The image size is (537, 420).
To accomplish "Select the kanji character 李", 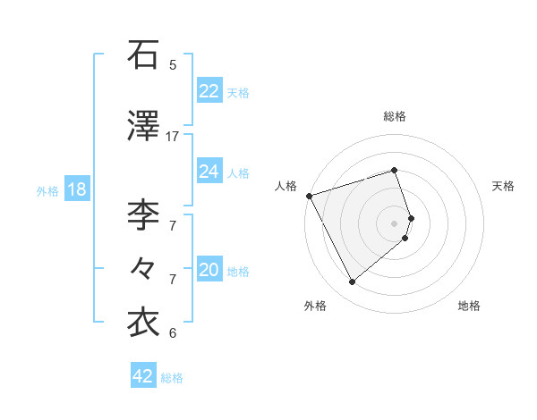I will [x=144, y=214].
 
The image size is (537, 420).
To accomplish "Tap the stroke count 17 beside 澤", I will [x=173, y=137].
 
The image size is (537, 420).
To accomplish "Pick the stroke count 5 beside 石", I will [x=173, y=65].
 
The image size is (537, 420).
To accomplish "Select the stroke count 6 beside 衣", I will [x=173, y=333].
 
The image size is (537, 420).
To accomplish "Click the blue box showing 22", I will [x=209, y=91].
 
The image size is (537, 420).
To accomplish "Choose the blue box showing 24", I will [x=209, y=172].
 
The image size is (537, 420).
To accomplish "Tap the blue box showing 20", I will [x=209, y=271].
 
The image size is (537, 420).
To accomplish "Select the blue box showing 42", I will [x=142, y=376].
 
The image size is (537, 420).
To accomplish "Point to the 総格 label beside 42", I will [x=172, y=378].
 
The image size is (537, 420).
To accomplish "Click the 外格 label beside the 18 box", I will [x=47, y=191].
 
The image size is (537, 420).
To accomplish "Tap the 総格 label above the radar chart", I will [x=395, y=116].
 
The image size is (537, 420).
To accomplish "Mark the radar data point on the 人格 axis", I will [x=309, y=195].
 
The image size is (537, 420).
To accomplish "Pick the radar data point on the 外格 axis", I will [x=352, y=282].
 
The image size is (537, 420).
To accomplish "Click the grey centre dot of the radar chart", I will [x=395, y=223].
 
